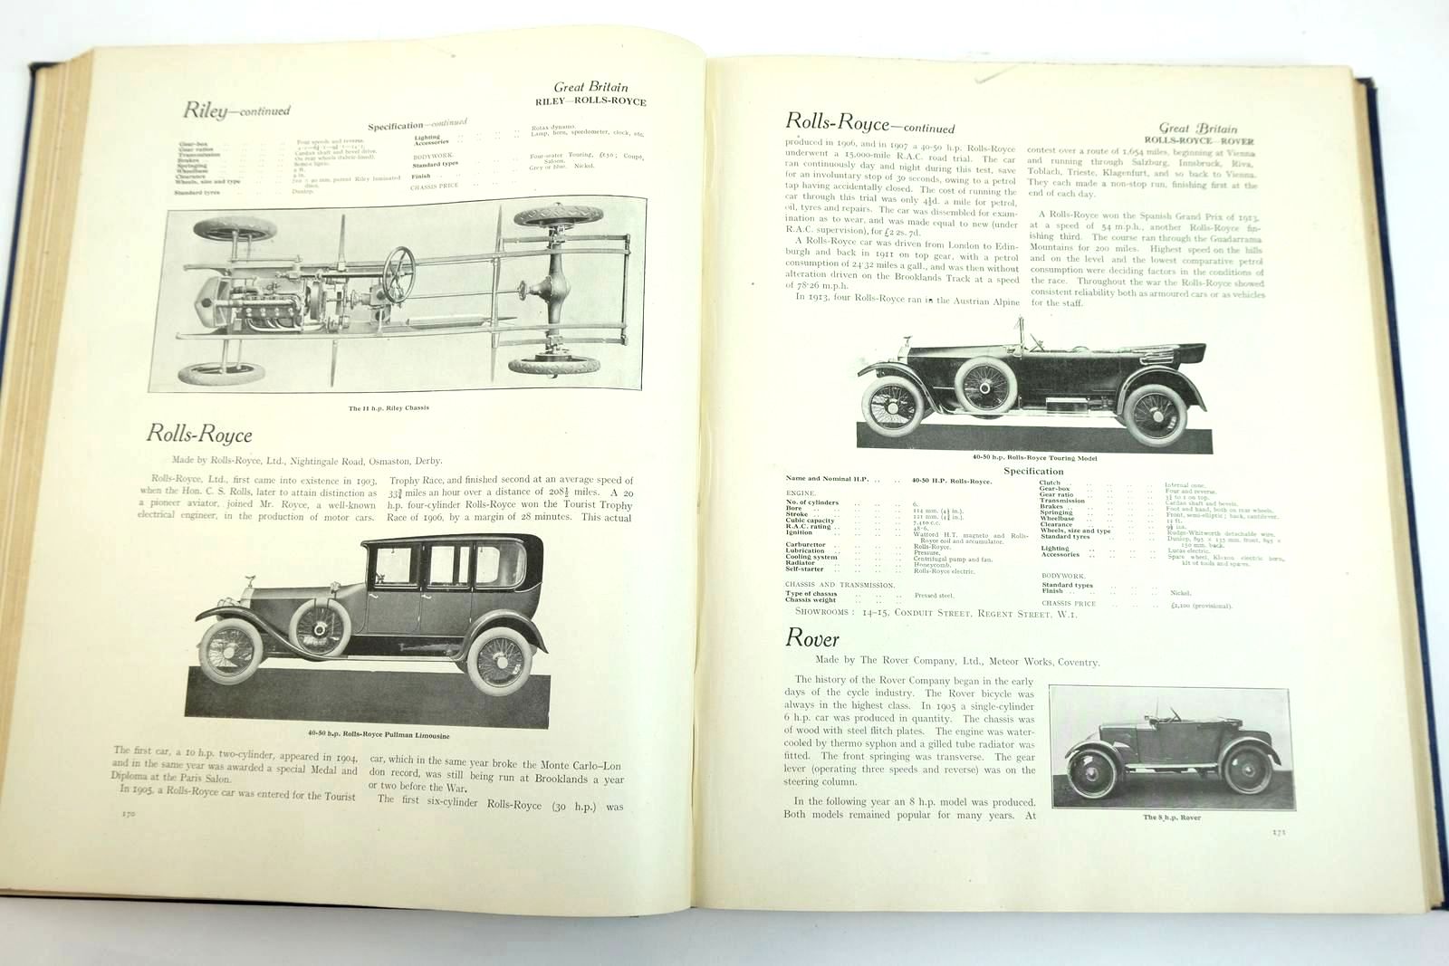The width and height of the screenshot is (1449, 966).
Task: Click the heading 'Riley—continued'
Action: click(x=236, y=111)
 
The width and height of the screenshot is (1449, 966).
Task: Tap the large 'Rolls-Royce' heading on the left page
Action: click(x=199, y=434)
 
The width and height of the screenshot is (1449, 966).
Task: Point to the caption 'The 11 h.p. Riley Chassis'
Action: click(x=389, y=408)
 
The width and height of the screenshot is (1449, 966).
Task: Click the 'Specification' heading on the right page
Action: click(x=1033, y=471)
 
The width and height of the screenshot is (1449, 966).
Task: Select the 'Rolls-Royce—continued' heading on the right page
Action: click(x=869, y=124)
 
